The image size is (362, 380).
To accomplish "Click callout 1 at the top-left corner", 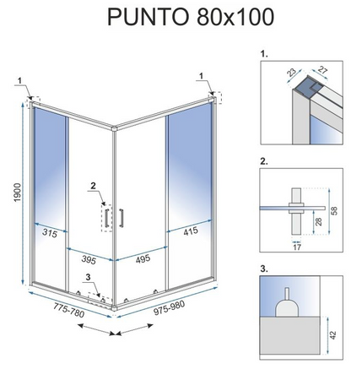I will [x=18, y=82].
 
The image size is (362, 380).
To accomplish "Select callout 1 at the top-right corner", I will [x=203, y=82].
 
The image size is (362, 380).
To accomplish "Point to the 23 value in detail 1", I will [x=291, y=75].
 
